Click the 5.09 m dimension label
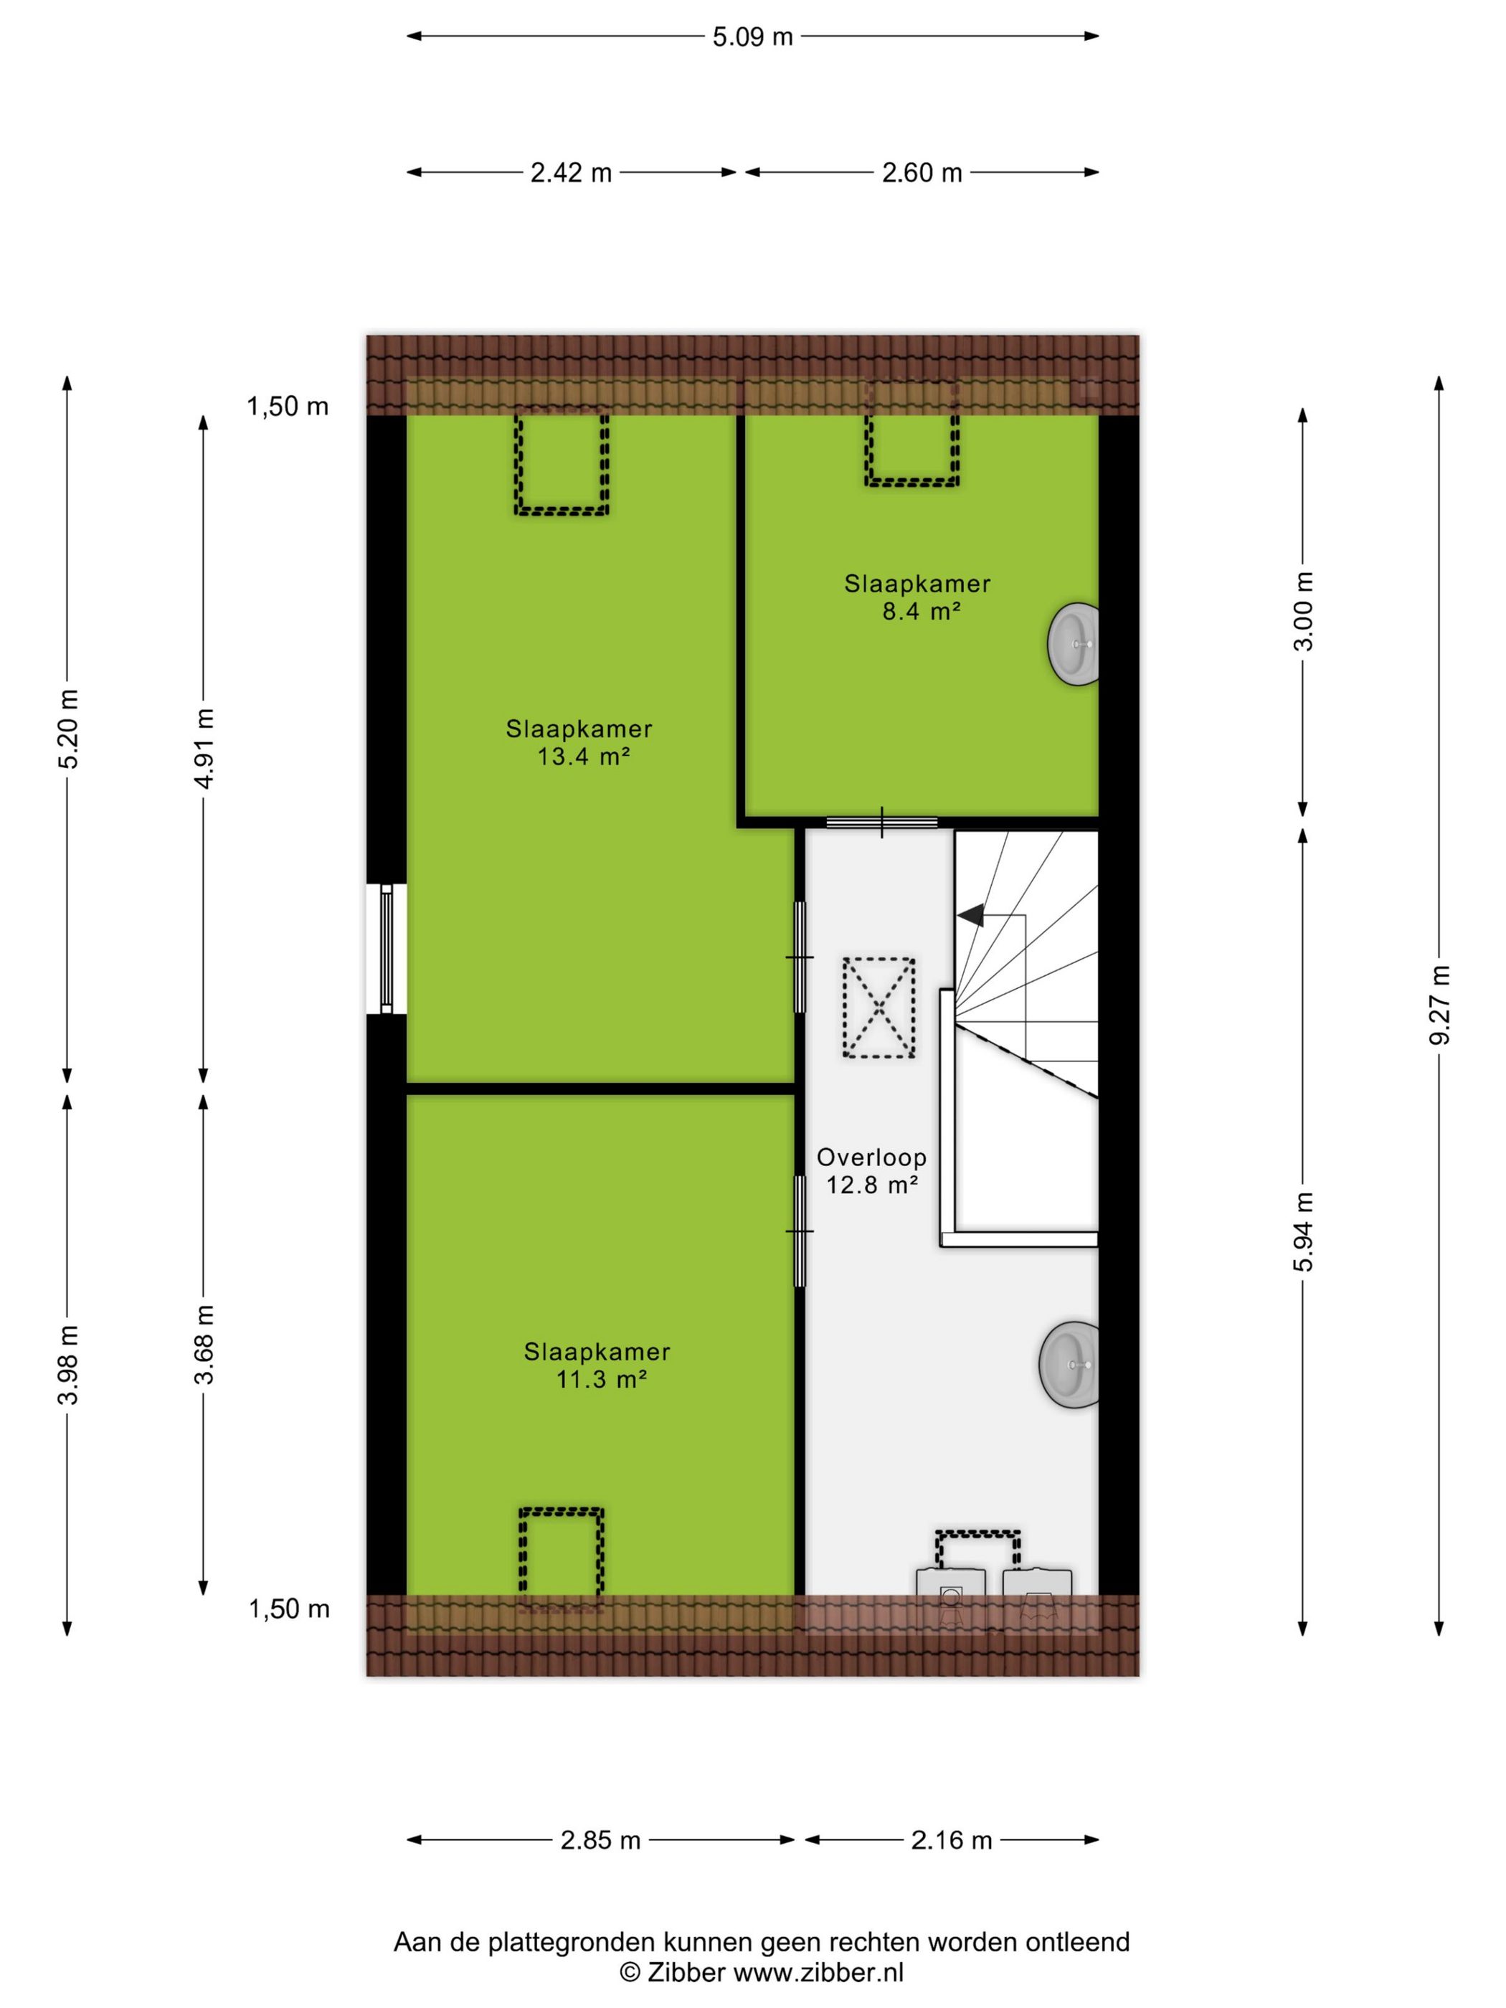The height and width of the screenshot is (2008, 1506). (x=752, y=37)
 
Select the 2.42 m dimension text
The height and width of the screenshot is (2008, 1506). (x=571, y=173)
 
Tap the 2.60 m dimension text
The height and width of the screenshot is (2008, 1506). (x=922, y=173)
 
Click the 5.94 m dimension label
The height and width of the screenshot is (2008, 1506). (x=1304, y=1231)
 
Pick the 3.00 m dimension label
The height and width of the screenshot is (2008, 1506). (x=1304, y=611)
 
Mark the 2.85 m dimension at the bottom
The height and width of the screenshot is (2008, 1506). (x=600, y=1841)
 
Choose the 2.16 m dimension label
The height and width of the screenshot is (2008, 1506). (x=952, y=1841)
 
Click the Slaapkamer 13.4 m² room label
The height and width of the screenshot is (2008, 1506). (x=580, y=742)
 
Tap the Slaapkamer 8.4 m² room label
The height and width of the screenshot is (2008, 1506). (x=918, y=597)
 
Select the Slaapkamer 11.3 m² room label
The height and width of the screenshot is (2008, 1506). (x=597, y=1365)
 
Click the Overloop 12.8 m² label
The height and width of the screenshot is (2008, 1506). (x=871, y=1171)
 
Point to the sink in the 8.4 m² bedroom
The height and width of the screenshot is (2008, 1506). (x=1074, y=643)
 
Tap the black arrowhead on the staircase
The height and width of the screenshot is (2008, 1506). (x=970, y=916)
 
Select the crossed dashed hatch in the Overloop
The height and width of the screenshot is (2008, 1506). (x=878, y=1008)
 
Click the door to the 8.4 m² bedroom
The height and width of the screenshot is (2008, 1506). (x=881, y=823)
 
